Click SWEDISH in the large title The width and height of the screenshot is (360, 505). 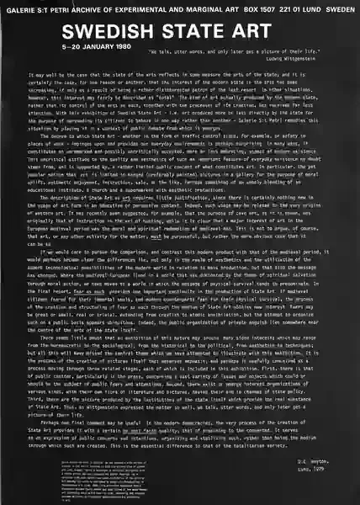[70, 31]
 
